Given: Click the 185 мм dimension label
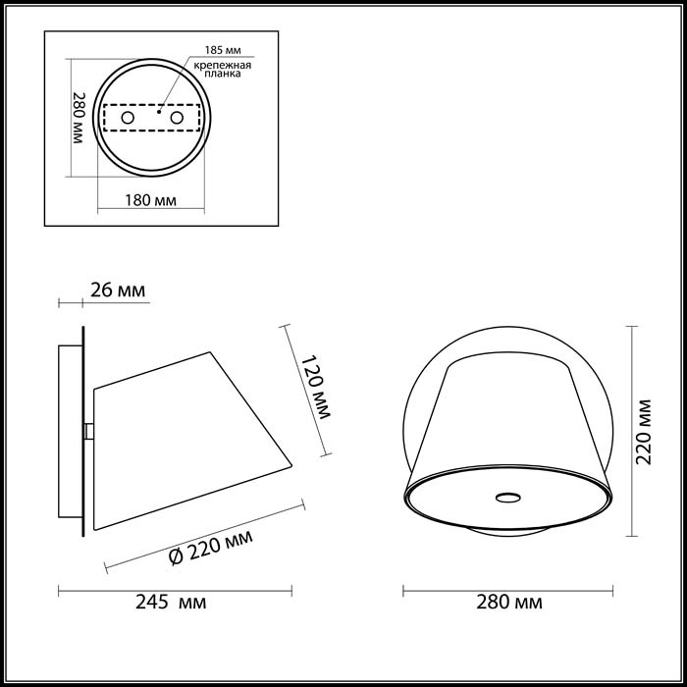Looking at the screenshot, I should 223,48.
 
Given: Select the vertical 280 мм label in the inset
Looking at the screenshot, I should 79,118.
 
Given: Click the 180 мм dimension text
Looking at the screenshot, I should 151,201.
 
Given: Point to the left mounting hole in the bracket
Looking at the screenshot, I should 127,118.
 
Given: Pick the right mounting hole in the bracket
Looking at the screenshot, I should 178,118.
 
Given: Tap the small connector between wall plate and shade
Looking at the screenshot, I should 89,431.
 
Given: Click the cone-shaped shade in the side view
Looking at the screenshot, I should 186,432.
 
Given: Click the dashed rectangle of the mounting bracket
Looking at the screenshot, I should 152,118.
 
